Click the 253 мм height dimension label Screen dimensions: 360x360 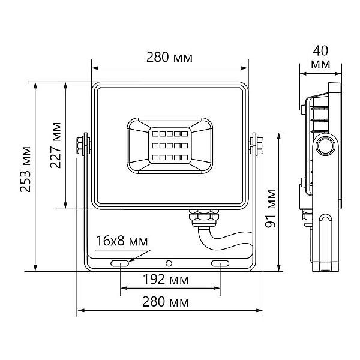[25, 169]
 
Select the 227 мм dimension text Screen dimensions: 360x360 [56, 146]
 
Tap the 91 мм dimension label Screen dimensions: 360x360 [271, 208]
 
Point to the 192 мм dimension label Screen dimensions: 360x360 [166, 280]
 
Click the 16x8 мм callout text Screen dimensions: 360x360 [122, 241]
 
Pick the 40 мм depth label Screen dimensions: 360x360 [320, 58]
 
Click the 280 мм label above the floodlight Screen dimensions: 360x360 [169, 58]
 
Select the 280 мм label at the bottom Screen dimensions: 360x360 [166, 302]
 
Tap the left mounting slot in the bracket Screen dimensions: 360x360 [119, 263]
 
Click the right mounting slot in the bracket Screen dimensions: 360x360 [220, 263]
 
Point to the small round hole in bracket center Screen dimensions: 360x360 [169, 263]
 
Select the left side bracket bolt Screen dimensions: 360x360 [80, 146]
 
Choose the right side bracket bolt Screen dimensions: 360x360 [259, 146]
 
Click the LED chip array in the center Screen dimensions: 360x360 [170, 146]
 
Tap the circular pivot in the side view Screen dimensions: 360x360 [325, 146]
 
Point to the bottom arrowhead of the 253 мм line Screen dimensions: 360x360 [35, 268]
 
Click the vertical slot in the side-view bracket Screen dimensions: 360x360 [326, 243]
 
